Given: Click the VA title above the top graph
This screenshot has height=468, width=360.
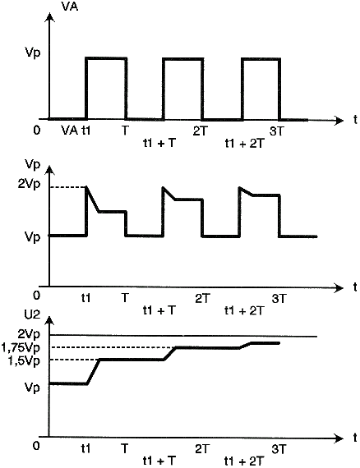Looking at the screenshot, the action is pos(69,6).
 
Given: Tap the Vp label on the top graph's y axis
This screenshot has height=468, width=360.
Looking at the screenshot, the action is pos(33,53).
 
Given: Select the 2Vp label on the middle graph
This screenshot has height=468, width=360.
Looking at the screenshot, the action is pos(29,185).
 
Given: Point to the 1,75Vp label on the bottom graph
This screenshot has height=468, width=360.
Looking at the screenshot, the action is pos(21,348).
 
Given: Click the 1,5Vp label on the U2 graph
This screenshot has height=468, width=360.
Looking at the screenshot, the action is pos(24,361).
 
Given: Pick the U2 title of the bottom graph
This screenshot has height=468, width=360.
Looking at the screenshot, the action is pos(32,315).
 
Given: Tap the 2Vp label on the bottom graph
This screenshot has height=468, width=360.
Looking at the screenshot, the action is pos(29,334).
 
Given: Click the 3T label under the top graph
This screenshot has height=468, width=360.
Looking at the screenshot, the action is pos(277,131).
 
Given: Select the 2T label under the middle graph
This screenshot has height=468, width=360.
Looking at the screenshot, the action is pos(203,299).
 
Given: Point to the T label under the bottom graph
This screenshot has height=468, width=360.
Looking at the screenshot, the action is pos(125,448).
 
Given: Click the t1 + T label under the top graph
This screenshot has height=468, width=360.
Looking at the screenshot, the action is pos(159,144).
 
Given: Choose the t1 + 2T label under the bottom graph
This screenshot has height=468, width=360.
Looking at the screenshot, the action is pos(244,461).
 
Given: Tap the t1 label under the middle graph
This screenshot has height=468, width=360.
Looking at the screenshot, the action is pos(86,298).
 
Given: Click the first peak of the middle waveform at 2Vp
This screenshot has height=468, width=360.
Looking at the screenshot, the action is pos(86,187).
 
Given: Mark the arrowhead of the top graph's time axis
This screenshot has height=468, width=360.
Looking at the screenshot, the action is pos(339,121).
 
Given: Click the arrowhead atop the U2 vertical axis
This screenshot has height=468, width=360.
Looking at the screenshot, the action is pos(49,322).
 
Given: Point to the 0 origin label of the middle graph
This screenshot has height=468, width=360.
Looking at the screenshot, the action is pos(36,296).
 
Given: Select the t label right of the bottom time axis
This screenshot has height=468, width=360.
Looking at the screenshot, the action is pos(355,438).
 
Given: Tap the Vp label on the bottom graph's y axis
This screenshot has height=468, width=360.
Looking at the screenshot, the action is pos(33,388).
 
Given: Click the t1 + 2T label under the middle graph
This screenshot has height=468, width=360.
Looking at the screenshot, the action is pos(244,310).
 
